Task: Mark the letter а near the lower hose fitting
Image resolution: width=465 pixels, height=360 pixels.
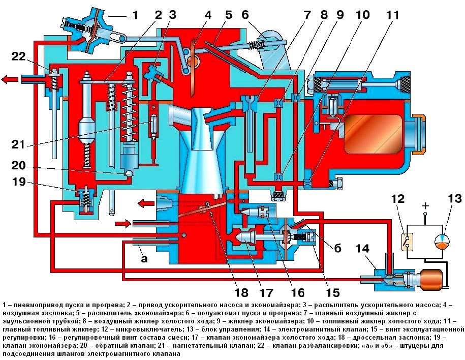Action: pos(144,259)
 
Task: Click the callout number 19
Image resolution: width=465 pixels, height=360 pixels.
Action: pos(18,183)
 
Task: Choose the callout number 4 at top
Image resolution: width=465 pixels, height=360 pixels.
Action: pos(207,15)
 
